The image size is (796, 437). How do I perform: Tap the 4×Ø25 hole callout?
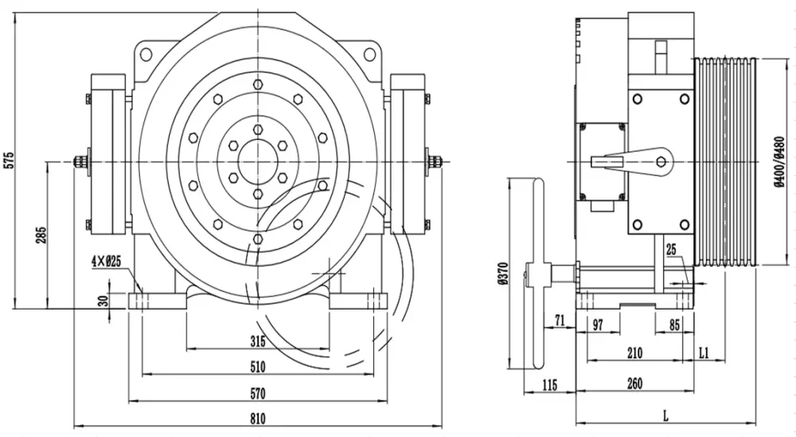click(x=104, y=260)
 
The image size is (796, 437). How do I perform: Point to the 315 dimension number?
click(x=257, y=341)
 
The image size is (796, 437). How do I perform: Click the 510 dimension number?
click(x=257, y=367)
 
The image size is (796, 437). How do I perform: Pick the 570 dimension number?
click(x=257, y=393)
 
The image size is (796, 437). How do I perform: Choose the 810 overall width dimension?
click(x=257, y=418)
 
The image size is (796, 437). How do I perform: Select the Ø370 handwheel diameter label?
click(x=501, y=273)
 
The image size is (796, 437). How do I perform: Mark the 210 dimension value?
click(x=634, y=351)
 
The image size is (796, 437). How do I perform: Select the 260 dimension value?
click(x=634, y=384)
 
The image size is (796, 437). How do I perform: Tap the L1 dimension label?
click(x=704, y=351)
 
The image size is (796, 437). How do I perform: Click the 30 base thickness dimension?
click(x=103, y=301)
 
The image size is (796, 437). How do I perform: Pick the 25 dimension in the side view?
click(x=671, y=250)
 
